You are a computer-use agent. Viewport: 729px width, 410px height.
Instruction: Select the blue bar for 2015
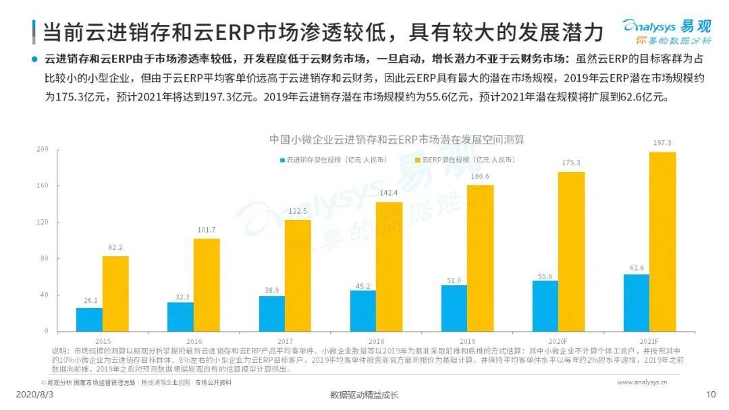[89, 319]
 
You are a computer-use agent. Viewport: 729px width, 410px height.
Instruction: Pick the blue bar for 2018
[362, 310]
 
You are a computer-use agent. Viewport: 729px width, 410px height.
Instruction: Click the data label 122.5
[298, 212]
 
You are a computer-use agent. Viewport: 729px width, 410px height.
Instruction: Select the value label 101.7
[207, 230]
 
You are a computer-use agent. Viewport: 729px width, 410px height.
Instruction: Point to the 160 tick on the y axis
[43, 185]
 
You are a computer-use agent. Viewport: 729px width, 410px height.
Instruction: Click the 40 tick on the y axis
[45, 295]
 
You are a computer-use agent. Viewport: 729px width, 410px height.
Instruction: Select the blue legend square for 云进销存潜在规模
[282, 160]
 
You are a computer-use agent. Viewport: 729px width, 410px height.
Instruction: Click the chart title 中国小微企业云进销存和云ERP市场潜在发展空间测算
[396, 140]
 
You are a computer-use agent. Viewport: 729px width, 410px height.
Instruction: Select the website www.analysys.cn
[642, 382]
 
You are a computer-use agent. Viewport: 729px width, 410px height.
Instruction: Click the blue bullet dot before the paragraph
[34, 59]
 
